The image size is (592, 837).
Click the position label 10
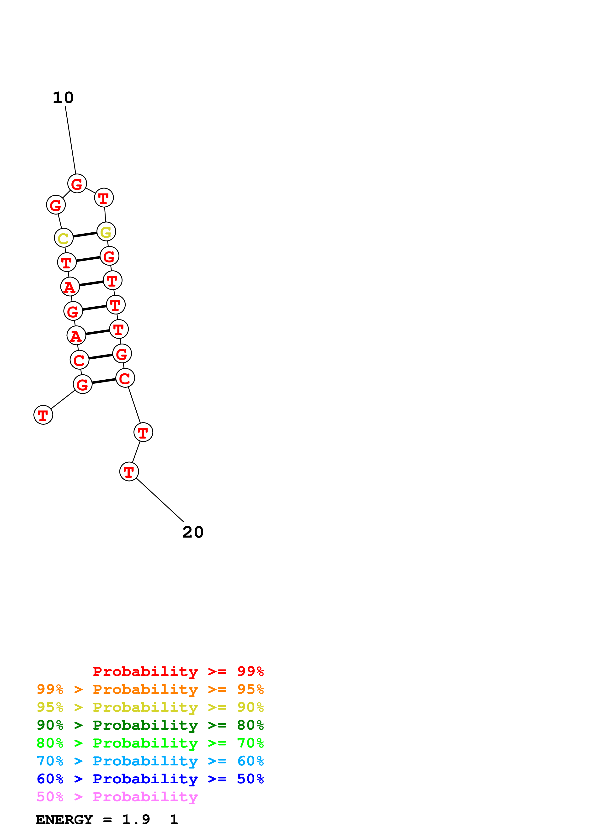click(63, 98)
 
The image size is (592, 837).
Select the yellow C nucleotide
click(64, 238)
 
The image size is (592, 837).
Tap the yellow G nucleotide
click(106, 232)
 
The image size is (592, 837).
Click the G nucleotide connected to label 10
click(77, 184)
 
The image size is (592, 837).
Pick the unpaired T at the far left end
click(43, 415)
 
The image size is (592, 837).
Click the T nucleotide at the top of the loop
click(104, 198)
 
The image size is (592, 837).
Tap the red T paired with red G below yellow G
click(67, 262)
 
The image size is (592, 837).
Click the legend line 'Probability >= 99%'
click(178, 671)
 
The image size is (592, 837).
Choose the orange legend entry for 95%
click(150, 689)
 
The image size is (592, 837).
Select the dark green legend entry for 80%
click(150, 725)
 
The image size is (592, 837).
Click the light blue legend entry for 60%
click(150, 761)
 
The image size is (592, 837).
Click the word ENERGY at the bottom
click(64, 820)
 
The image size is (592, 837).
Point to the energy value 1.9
click(136, 820)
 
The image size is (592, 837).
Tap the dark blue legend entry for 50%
click(150, 779)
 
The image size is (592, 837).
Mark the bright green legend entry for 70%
click(150, 743)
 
